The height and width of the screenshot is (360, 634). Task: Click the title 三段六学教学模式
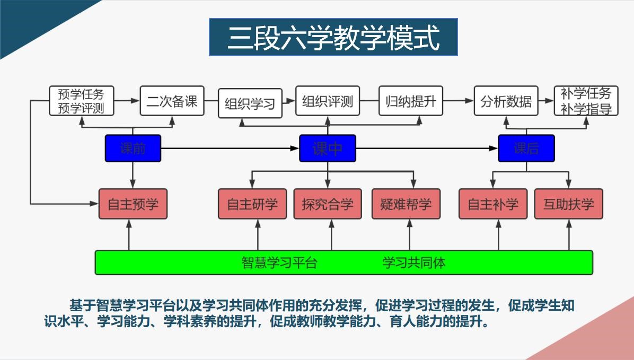[333, 37]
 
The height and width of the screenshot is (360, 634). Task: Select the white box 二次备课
[172, 101]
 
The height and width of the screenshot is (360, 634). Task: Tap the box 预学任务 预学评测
[81, 101]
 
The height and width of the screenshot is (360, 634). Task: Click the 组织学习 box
[250, 103]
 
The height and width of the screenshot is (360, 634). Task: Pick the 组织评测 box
[328, 101]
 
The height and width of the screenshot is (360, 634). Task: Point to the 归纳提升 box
[411, 101]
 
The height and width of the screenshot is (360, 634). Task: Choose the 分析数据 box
[506, 101]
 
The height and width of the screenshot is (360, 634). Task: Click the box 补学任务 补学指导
[586, 101]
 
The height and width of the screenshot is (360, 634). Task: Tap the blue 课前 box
[133, 148]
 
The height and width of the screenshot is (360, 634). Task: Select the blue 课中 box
[328, 148]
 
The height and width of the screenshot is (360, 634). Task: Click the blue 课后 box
[526, 148]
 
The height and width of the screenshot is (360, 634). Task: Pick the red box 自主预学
[133, 204]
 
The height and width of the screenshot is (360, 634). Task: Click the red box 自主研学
[252, 204]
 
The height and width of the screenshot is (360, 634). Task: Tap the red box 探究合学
[328, 204]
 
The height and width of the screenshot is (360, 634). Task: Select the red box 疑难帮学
[406, 204]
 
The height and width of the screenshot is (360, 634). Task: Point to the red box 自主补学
[493, 204]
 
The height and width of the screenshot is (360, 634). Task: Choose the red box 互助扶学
[568, 204]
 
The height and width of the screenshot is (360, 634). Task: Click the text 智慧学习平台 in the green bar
[279, 262]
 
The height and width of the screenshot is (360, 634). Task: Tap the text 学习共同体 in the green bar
[413, 262]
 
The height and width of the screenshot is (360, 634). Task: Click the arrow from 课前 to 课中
[230, 148]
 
